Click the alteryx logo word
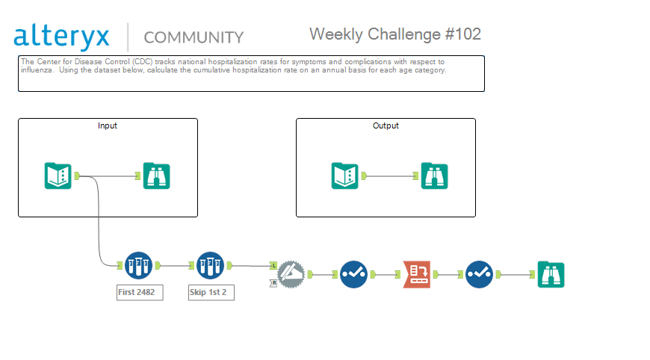(x=61, y=37)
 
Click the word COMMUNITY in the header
(x=194, y=37)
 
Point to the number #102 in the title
(x=463, y=34)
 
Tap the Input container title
(x=108, y=125)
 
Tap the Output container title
(x=386, y=125)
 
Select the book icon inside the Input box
(x=58, y=176)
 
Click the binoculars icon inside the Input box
(x=156, y=176)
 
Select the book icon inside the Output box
(x=345, y=176)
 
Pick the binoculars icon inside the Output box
(x=434, y=176)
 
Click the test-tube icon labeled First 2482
(x=138, y=266)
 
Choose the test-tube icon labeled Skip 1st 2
(x=210, y=266)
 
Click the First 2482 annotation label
(x=140, y=293)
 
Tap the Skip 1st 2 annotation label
(x=211, y=293)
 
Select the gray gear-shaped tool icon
(x=291, y=274)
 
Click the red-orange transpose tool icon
(x=417, y=274)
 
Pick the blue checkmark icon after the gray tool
(x=353, y=274)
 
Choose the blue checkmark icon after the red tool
(x=479, y=274)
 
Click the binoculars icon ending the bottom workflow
(x=551, y=274)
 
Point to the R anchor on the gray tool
(x=273, y=283)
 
